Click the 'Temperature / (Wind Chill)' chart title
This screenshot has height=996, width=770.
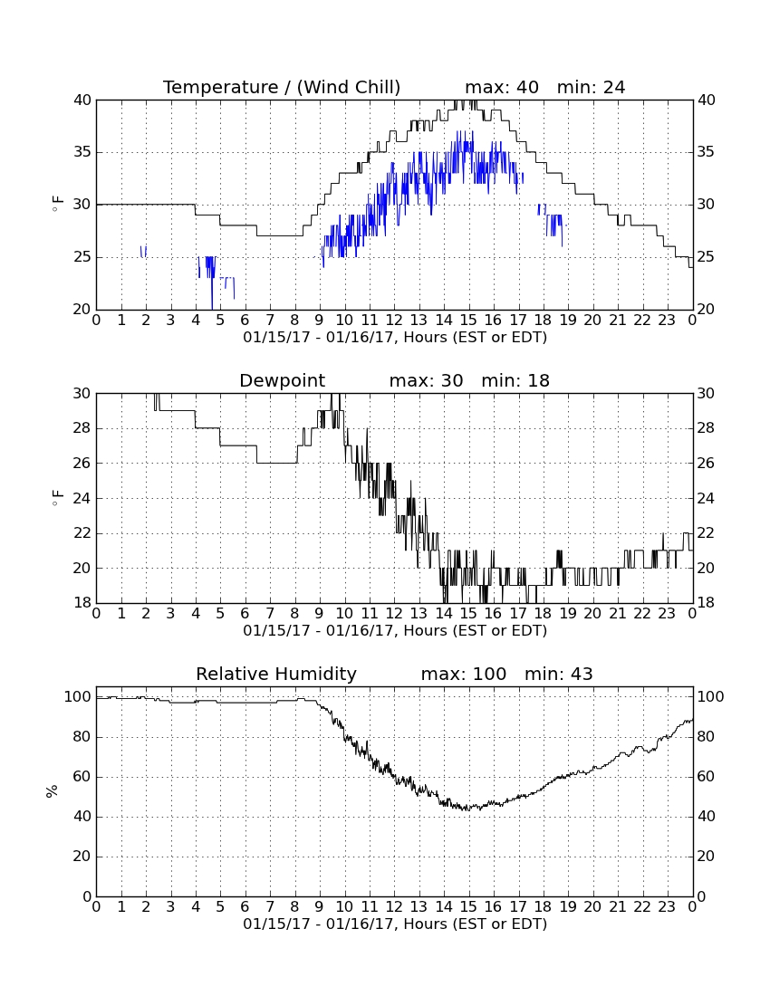pos(282,87)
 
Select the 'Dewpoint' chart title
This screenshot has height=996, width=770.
pos(282,380)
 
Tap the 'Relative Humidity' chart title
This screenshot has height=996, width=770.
pos(276,674)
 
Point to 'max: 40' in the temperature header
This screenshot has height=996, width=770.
pos(502,87)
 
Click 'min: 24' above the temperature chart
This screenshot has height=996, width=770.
pos(591,87)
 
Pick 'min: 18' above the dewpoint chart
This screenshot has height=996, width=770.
pos(515,380)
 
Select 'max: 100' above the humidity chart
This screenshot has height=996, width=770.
pos(464,674)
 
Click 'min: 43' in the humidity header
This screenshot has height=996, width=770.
pos(558,674)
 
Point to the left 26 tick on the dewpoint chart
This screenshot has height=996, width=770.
pos(82,463)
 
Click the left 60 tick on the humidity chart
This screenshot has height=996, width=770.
pos(82,777)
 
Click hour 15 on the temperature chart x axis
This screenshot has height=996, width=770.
pos(468,321)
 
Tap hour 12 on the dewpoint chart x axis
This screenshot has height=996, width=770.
pos(394,614)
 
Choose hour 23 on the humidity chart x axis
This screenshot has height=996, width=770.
pos(667,907)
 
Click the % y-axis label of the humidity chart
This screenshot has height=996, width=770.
pos(52,791)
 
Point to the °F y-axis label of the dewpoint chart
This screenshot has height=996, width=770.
pos(57,498)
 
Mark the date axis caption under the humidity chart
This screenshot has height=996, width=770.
pos(395,924)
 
